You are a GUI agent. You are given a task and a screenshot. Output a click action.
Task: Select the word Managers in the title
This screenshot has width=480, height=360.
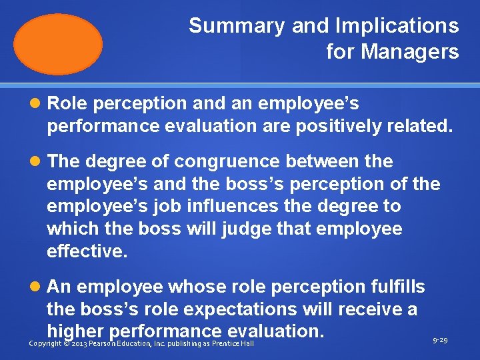411,51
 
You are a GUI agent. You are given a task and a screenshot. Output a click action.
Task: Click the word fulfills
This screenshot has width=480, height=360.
397,287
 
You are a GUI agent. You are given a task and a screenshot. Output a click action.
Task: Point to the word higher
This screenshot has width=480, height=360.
75,331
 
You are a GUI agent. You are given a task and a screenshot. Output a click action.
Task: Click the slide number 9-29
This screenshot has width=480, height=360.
439,341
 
